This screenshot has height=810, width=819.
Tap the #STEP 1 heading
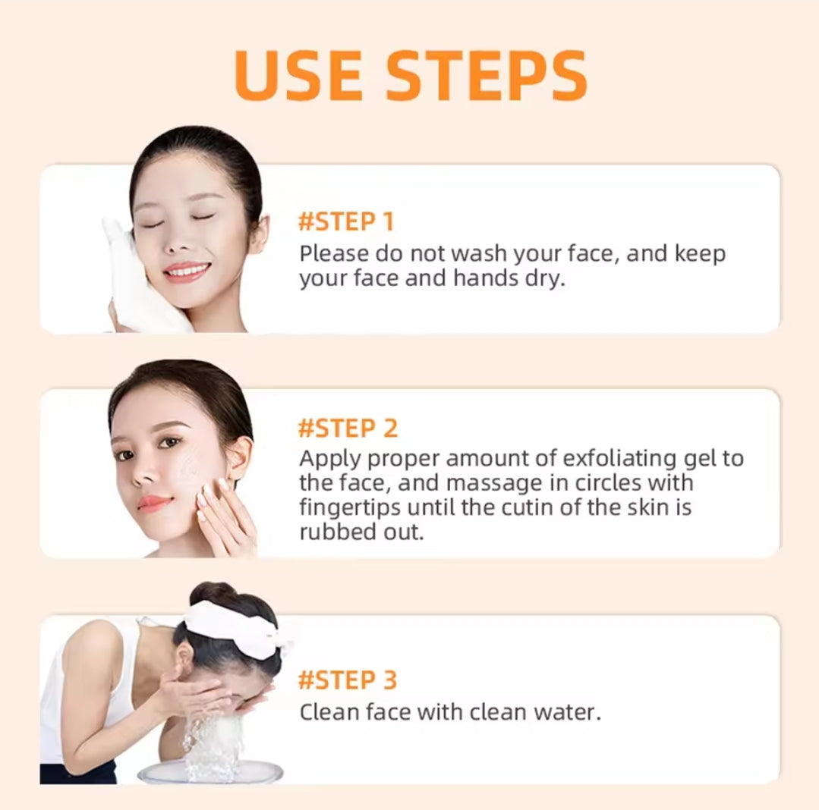[x=346, y=221]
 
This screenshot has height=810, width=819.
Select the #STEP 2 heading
[x=348, y=428]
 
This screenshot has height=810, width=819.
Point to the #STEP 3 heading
[x=348, y=680]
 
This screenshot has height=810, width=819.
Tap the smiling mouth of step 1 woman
[x=186, y=272]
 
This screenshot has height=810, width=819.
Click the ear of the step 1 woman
[x=259, y=234]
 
